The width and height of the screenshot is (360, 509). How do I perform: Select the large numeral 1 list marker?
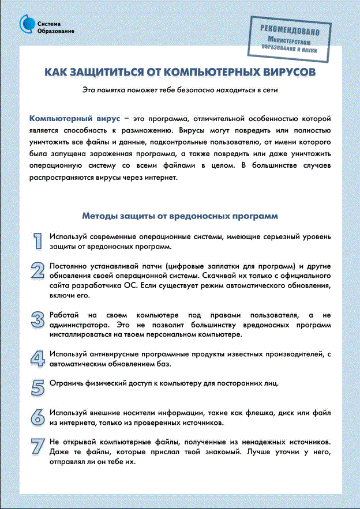coord(37,241)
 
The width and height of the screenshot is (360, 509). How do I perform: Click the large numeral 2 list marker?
coord(37,271)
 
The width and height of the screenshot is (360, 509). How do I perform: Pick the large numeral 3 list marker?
coord(37,320)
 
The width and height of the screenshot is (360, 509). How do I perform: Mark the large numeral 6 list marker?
coord(37,417)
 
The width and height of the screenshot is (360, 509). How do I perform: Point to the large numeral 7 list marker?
coord(37,447)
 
